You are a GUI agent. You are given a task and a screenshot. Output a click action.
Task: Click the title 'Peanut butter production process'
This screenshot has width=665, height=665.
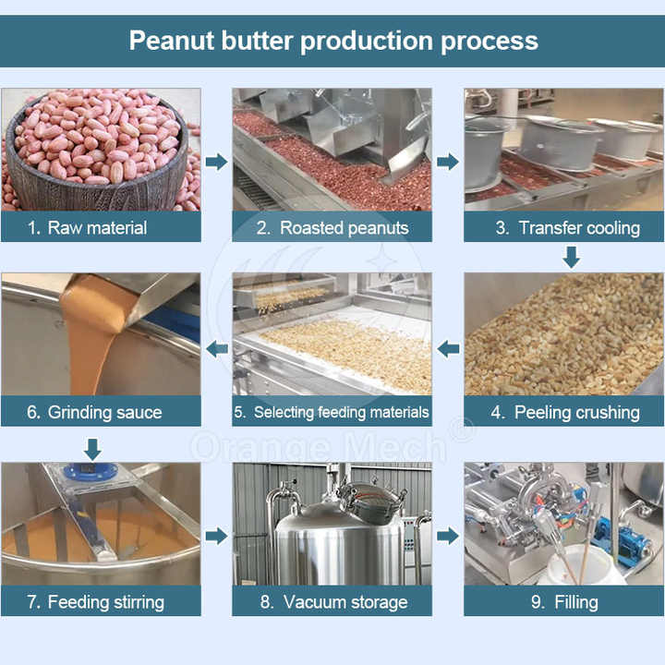[x=333, y=42]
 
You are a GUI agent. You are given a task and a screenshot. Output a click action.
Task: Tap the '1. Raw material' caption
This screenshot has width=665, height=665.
[x=88, y=228]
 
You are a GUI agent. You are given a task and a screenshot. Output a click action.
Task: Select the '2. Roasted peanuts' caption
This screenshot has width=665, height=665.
[x=332, y=228]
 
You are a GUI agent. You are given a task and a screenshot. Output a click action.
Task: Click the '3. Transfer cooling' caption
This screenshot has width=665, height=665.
[x=567, y=228]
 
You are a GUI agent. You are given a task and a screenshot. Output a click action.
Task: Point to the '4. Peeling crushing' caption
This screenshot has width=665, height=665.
[x=565, y=412]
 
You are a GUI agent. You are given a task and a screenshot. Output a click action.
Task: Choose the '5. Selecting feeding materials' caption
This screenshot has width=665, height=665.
[x=332, y=412]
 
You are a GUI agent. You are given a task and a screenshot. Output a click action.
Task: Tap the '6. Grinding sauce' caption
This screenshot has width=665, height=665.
[x=94, y=412]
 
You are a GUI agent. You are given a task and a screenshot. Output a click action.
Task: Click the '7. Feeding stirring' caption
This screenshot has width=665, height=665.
[x=95, y=602]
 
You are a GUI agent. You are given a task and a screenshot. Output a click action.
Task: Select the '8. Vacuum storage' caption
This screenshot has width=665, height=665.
[x=333, y=602]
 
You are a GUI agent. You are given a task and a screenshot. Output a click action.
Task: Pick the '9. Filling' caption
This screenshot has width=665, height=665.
[x=564, y=602]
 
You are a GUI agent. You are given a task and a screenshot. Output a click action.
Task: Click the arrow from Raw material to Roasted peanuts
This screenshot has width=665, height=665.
[x=217, y=162]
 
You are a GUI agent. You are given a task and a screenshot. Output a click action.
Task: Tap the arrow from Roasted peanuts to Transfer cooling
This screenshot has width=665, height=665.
[x=448, y=162]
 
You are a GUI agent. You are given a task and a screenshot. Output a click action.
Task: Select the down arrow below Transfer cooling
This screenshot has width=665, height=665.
[x=572, y=257]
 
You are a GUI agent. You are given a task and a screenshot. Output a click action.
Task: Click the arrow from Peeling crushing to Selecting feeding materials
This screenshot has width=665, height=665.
[x=448, y=349]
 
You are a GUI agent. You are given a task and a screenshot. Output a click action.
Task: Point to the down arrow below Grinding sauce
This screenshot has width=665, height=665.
[x=92, y=450]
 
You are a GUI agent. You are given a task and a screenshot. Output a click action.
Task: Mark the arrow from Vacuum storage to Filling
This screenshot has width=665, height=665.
[x=448, y=536]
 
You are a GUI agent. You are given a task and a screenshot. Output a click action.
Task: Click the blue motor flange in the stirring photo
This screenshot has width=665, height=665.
[x=90, y=473]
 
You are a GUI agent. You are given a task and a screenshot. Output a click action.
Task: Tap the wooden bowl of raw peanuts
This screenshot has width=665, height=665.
[x=97, y=170]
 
